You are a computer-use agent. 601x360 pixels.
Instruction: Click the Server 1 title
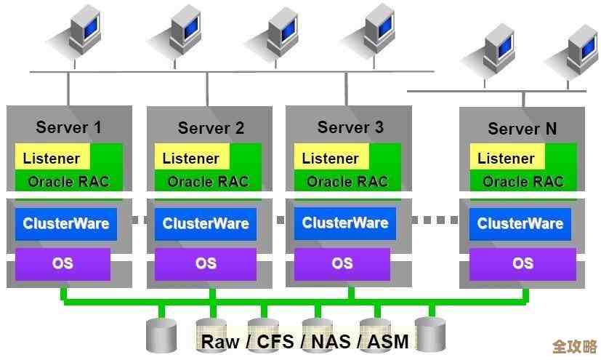(x=68, y=127)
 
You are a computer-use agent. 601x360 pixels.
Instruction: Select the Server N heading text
(x=522, y=129)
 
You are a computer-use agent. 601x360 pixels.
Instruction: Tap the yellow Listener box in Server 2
(x=191, y=158)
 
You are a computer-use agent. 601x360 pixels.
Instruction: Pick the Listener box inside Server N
(x=506, y=158)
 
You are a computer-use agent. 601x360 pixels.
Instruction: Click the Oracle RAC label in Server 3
(x=347, y=181)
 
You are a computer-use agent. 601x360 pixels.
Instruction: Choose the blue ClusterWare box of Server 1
(x=65, y=223)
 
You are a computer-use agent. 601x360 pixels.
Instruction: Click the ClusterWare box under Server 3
(x=345, y=223)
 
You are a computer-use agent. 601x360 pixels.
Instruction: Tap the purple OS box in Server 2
(x=206, y=263)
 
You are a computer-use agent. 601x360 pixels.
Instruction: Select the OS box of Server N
(x=523, y=263)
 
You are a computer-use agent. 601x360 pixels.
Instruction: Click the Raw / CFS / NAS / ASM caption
(x=304, y=341)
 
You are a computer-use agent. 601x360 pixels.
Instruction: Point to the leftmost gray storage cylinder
(x=161, y=334)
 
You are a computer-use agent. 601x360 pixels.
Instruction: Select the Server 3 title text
(x=350, y=127)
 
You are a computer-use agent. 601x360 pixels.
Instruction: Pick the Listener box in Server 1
(x=52, y=158)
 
